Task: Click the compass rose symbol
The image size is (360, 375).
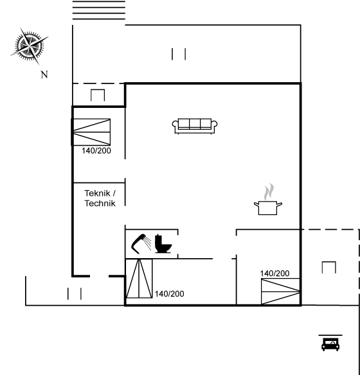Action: point(29,46)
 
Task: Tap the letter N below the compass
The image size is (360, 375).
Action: point(44,74)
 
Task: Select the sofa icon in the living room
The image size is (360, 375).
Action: point(195,126)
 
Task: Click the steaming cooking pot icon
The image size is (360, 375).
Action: point(268,200)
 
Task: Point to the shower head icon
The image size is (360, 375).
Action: point(141,243)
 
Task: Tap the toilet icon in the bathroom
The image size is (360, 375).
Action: point(163,244)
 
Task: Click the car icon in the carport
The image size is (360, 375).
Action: point(330,343)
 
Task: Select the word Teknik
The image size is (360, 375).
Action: point(98,193)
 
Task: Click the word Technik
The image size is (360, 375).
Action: point(100,204)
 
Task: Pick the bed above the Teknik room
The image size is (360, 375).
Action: point(91,132)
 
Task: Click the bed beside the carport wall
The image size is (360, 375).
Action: point(280,292)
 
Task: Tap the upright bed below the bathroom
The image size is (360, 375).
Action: point(139,279)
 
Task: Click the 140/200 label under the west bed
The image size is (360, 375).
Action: point(96,151)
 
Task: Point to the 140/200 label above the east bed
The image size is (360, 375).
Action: point(274,274)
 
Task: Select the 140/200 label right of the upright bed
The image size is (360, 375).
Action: point(170,294)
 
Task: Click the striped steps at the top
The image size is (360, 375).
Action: point(99,10)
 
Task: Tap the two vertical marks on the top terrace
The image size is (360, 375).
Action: point(179,54)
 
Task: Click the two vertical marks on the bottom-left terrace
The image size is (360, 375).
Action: point(75,293)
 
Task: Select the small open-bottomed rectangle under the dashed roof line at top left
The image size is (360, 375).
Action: point(98,95)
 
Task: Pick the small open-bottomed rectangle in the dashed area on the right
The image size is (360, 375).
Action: point(329,267)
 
